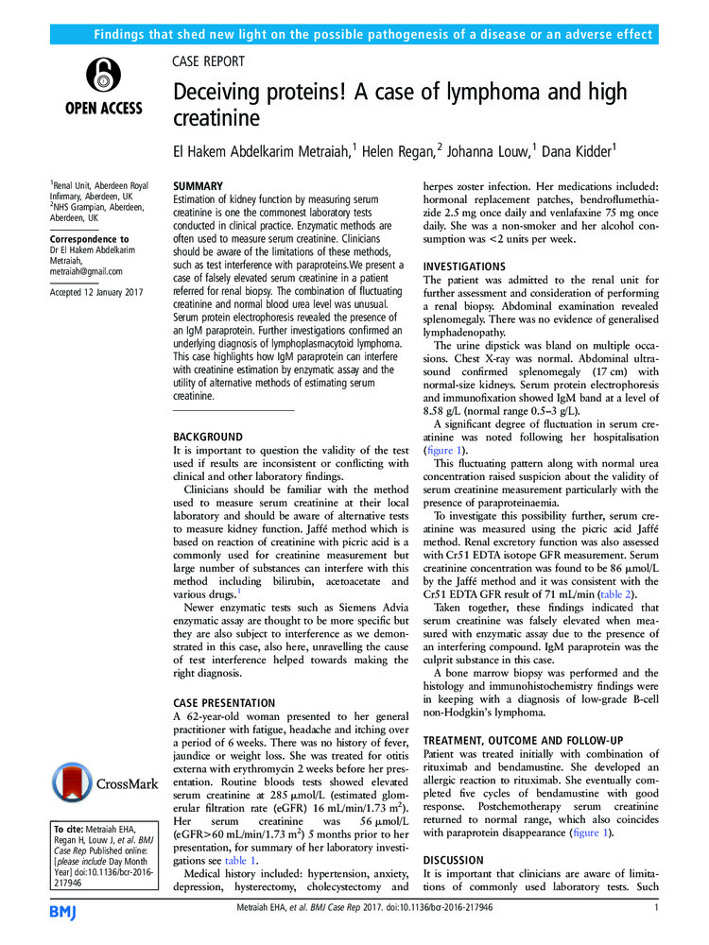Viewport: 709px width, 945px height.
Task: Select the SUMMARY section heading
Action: (x=199, y=187)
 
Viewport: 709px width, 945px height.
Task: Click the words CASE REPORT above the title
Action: (x=208, y=61)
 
